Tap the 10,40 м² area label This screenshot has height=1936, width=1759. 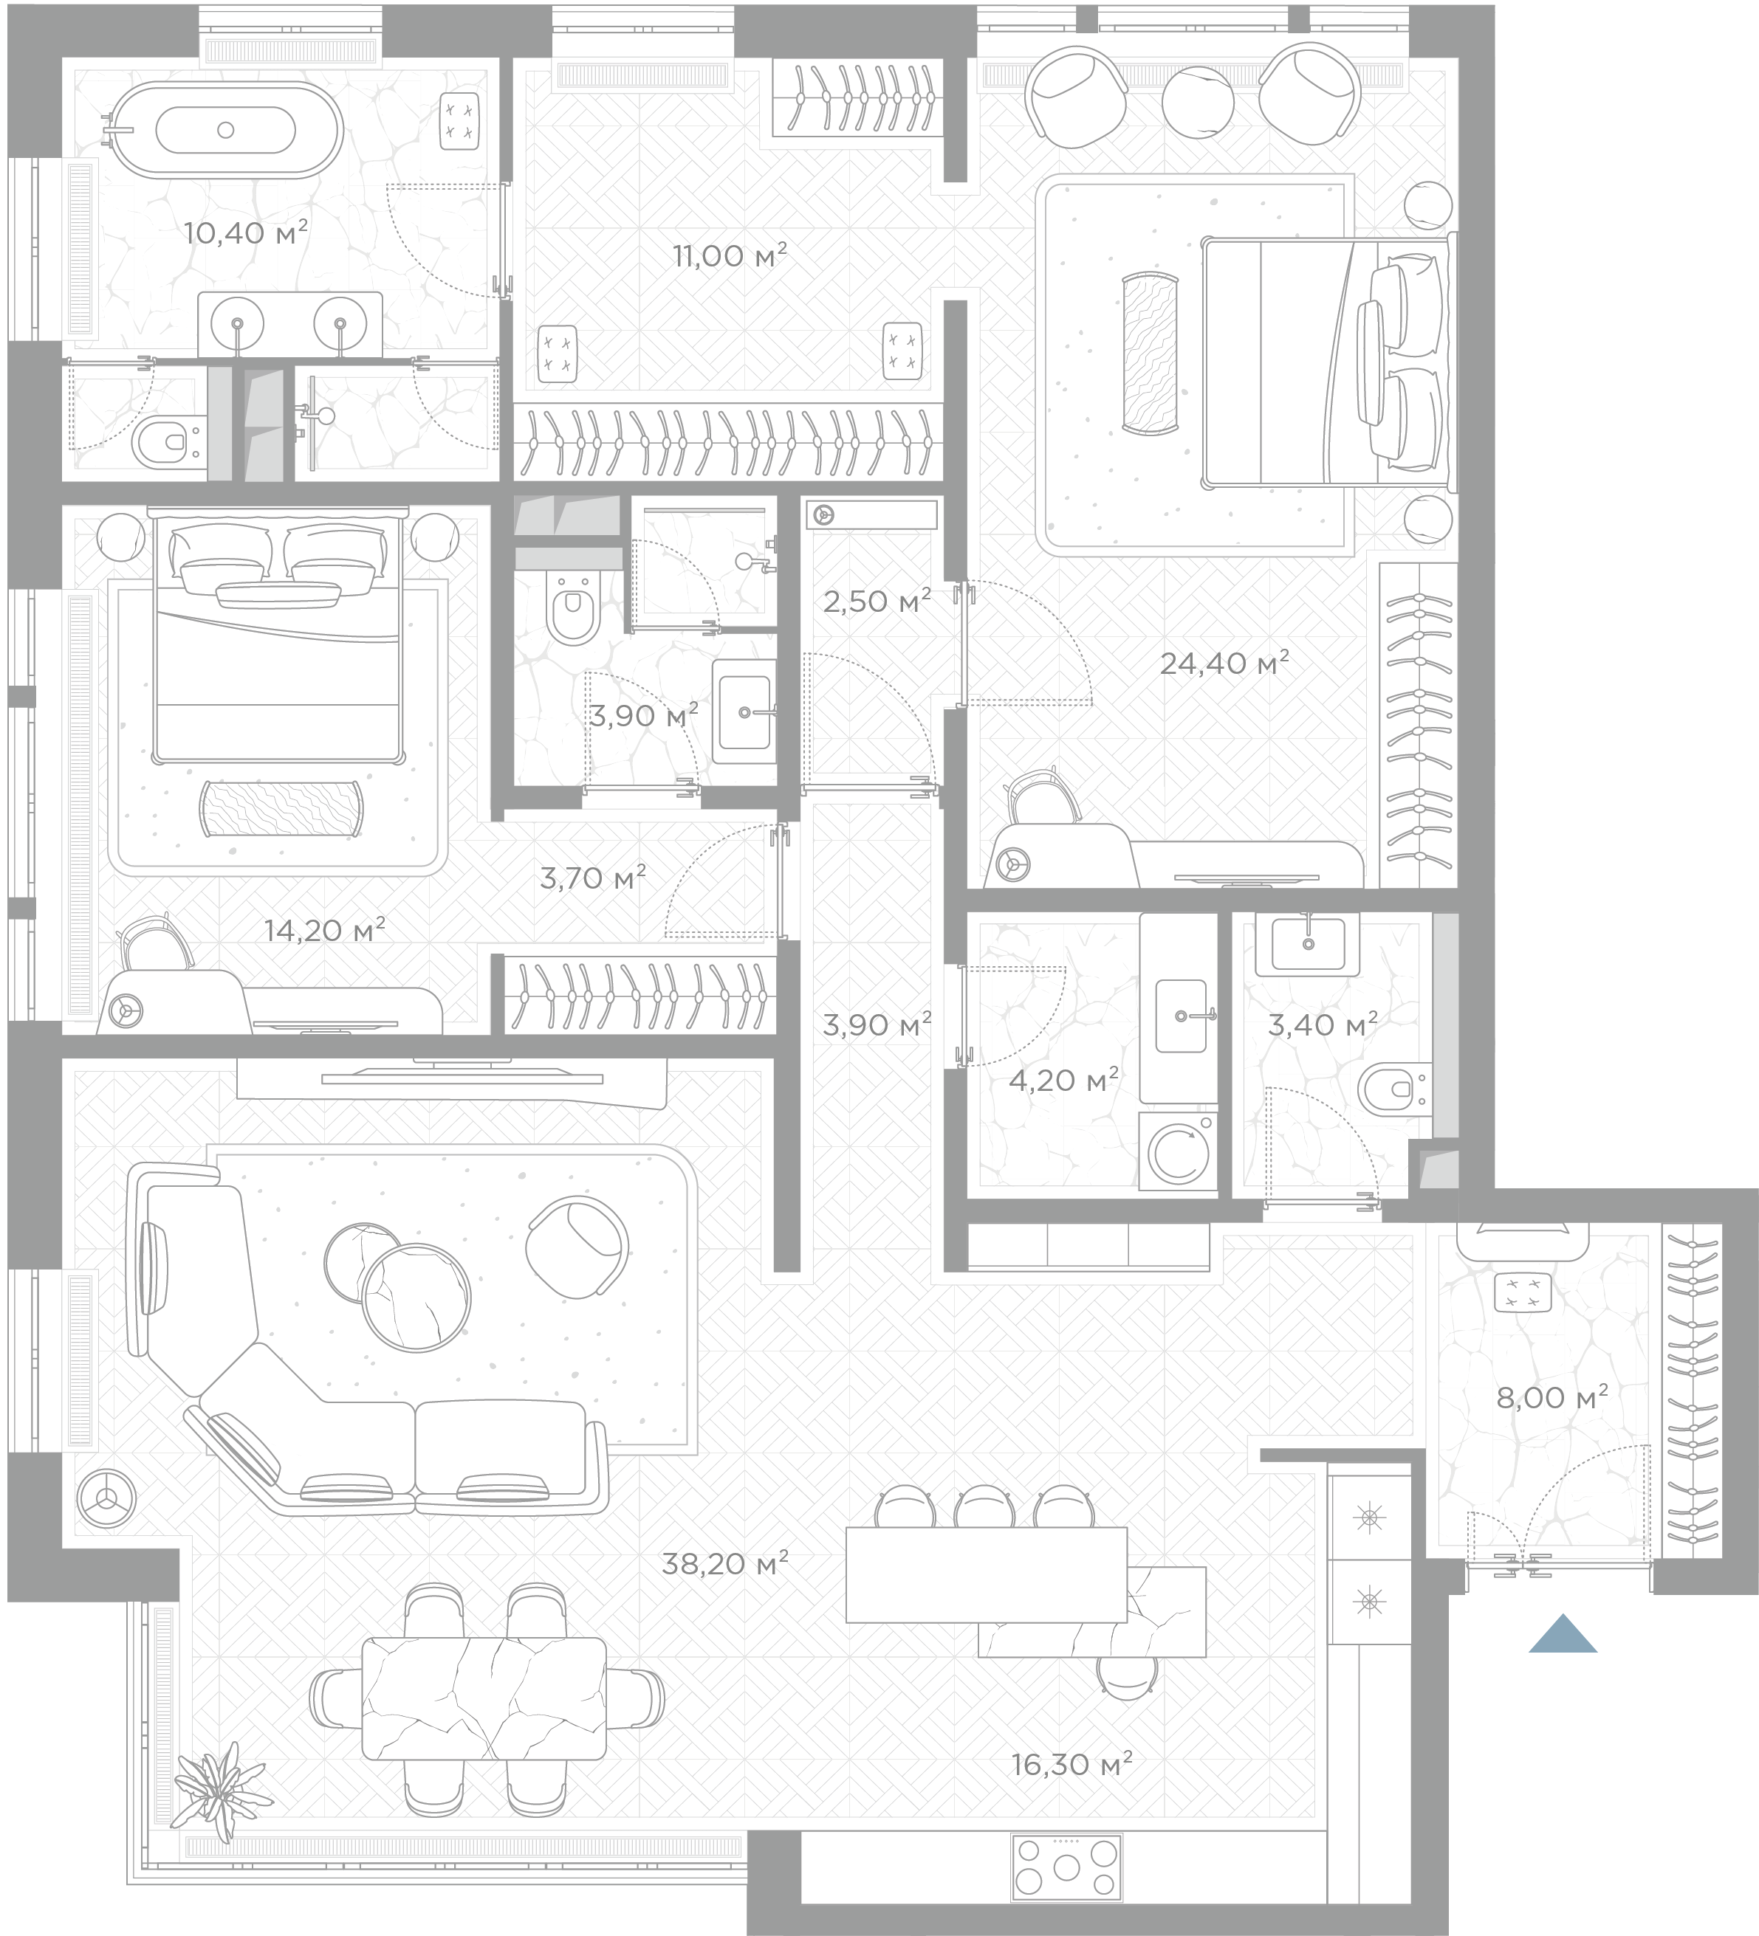click(x=246, y=232)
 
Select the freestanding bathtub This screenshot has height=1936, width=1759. click(x=223, y=130)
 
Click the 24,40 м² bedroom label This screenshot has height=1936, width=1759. click(x=1224, y=663)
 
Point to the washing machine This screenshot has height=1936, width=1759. click(x=1179, y=1151)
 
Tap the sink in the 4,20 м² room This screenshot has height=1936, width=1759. click(x=1181, y=1015)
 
